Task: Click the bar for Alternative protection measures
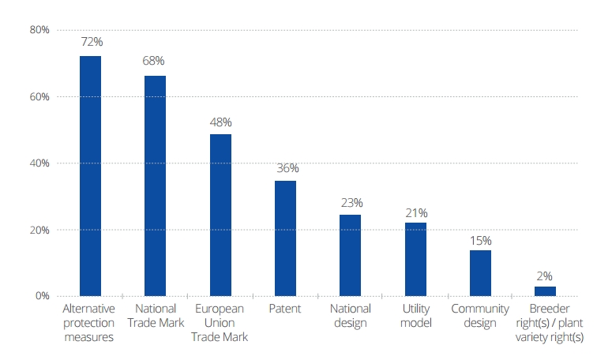pos(90,176)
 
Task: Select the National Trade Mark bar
pos(155,186)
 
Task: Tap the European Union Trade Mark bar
pos(220,215)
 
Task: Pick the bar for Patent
pos(285,238)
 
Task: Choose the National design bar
pos(350,255)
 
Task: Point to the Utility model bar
pos(415,259)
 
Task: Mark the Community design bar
pos(480,273)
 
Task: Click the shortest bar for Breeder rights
pos(545,291)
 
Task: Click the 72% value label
pos(90,40)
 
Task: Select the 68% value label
pos(155,60)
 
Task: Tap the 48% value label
pos(220,122)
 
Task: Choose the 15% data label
pos(480,240)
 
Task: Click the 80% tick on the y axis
pos(39,30)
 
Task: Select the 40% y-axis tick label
pos(39,163)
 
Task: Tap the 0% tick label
pos(43,296)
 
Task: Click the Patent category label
pos(285,309)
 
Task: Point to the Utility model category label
pos(415,316)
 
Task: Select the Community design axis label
pos(480,316)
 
